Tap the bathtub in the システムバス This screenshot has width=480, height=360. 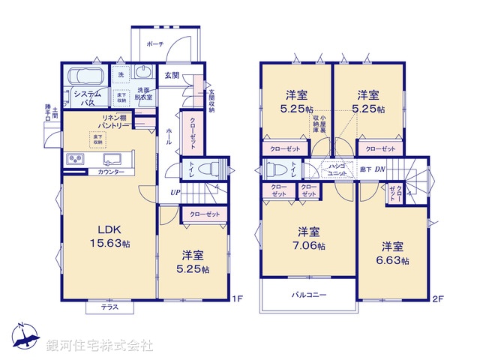tap(85, 76)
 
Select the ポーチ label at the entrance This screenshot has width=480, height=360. tap(155, 45)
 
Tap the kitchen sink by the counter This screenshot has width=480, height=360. tap(113, 160)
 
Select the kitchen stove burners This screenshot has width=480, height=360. tap(76, 159)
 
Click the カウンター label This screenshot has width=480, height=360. tap(111, 172)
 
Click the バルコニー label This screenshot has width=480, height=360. tap(308, 295)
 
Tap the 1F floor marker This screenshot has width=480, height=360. tap(238, 300)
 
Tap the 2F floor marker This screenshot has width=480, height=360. tap(439, 300)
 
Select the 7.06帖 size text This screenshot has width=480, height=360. tap(310, 245)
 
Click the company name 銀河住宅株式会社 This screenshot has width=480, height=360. tap(100, 346)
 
